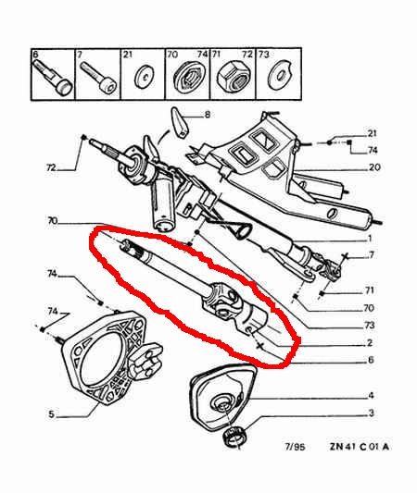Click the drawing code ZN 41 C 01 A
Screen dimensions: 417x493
click(360, 447)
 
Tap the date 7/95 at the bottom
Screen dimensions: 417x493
click(295, 447)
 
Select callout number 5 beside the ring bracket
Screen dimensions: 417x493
click(51, 414)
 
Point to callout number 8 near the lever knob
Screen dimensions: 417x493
click(208, 115)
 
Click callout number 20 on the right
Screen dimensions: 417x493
click(374, 166)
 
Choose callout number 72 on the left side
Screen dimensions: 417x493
click(51, 167)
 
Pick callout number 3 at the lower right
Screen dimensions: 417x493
click(372, 413)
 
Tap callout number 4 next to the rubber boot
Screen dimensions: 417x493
click(372, 396)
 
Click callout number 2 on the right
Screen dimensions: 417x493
click(370, 343)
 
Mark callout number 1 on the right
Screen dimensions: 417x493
click(370, 239)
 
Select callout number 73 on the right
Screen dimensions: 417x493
click(369, 325)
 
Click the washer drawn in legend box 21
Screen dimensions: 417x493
click(145, 77)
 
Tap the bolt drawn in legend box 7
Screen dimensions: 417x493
click(98, 77)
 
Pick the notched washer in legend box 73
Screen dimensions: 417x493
click(279, 75)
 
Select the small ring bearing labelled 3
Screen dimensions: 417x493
click(234, 437)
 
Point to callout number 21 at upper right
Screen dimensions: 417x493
click(372, 133)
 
